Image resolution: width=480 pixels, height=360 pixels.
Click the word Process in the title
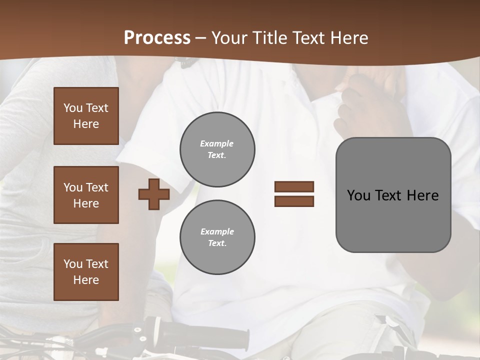[x=157, y=38]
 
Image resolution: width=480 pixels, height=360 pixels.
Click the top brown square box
[x=86, y=116]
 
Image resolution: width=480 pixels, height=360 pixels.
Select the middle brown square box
[x=86, y=195]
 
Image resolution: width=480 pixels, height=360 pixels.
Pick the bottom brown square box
[x=86, y=272]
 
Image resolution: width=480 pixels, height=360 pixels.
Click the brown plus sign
[x=154, y=194]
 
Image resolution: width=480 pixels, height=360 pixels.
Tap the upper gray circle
[x=217, y=149]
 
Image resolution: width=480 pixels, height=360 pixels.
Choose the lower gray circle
[x=217, y=237]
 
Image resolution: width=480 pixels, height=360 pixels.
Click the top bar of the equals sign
[x=294, y=187]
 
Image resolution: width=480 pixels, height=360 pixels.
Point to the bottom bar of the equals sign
[x=294, y=201]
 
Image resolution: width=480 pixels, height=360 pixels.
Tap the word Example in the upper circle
[x=216, y=143]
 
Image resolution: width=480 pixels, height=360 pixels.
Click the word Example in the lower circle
[x=217, y=231]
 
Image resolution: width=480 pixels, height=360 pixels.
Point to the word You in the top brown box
[x=72, y=108]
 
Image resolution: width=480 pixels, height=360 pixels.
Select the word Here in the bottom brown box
[x=86, y=280]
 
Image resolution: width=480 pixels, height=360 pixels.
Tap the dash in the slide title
[x=201, y=38]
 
